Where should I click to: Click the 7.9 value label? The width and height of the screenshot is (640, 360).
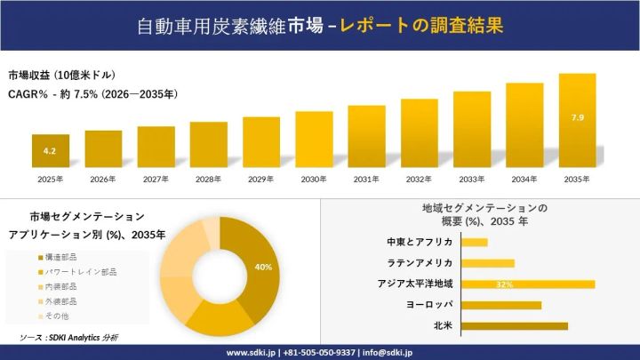(x=577, y=117)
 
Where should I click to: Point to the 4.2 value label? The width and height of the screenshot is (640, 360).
(x=50, y=152)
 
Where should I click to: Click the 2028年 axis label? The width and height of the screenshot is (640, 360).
(x=209, y=180)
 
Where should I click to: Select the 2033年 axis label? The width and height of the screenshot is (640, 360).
(x=472, y=180)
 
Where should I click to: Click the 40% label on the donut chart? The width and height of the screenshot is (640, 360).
(x=263, y=267)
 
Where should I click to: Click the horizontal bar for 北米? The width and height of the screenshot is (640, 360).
(x=515, y=326)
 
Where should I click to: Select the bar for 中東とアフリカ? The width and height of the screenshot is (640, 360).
(x=475, y=243)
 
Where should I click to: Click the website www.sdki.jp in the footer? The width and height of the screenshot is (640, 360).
(x=251, y=352)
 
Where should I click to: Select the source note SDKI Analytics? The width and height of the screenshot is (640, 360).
(x=68, y=338)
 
